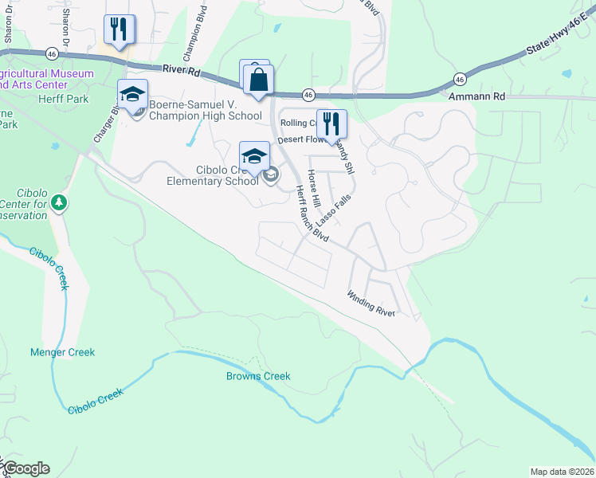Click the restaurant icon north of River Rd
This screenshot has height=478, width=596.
(120, 30)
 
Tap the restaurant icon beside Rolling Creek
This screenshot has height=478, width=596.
(331, 123)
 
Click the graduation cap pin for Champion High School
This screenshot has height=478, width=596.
(132, 95)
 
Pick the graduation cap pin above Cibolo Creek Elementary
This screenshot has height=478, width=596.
(254, 155)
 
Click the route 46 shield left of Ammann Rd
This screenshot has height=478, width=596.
(460, 79)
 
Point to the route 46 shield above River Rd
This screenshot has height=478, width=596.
(52, 53)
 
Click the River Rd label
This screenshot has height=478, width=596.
(182, 72)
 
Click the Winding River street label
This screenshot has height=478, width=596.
(371, 304)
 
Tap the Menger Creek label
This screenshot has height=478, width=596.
(62, 352)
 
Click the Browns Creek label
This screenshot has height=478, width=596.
(258, 376)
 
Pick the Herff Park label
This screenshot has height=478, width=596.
(64, 100)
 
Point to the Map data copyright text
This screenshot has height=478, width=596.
(562, 471)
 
